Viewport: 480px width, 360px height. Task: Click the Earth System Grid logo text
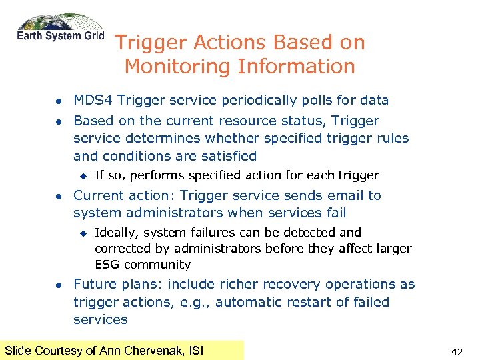61,36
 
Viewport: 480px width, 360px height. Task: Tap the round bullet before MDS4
58,101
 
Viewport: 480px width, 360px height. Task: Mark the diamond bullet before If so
82,176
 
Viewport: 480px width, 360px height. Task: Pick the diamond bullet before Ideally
82,233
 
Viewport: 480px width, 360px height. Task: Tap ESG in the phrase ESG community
108,265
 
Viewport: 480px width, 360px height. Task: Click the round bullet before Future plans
58,285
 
